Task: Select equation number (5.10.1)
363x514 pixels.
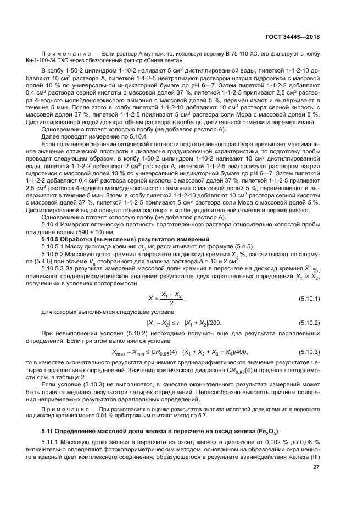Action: point(309,299)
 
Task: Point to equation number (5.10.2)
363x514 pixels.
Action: point(309,322)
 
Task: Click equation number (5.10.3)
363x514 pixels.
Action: point(309,351)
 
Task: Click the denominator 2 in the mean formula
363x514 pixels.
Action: point(171,303)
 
